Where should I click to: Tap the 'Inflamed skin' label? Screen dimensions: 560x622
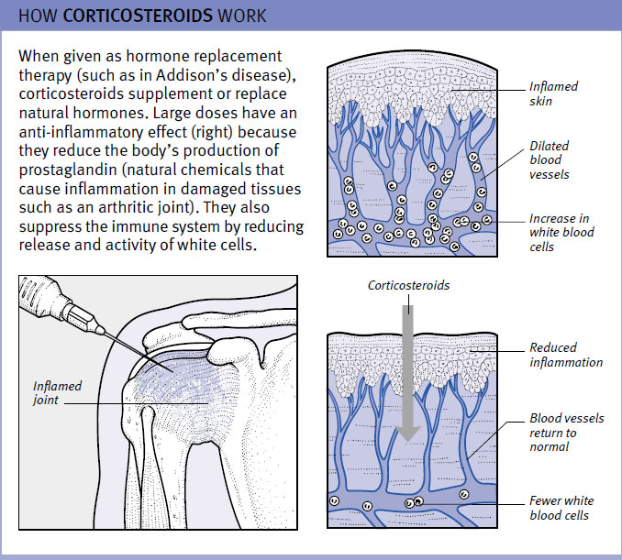tap(552, 93)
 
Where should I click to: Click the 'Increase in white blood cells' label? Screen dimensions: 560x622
tap(561, 233)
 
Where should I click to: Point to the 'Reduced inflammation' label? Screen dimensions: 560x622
tap(565, 355)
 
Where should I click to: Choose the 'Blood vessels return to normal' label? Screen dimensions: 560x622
tap(567, 432)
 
